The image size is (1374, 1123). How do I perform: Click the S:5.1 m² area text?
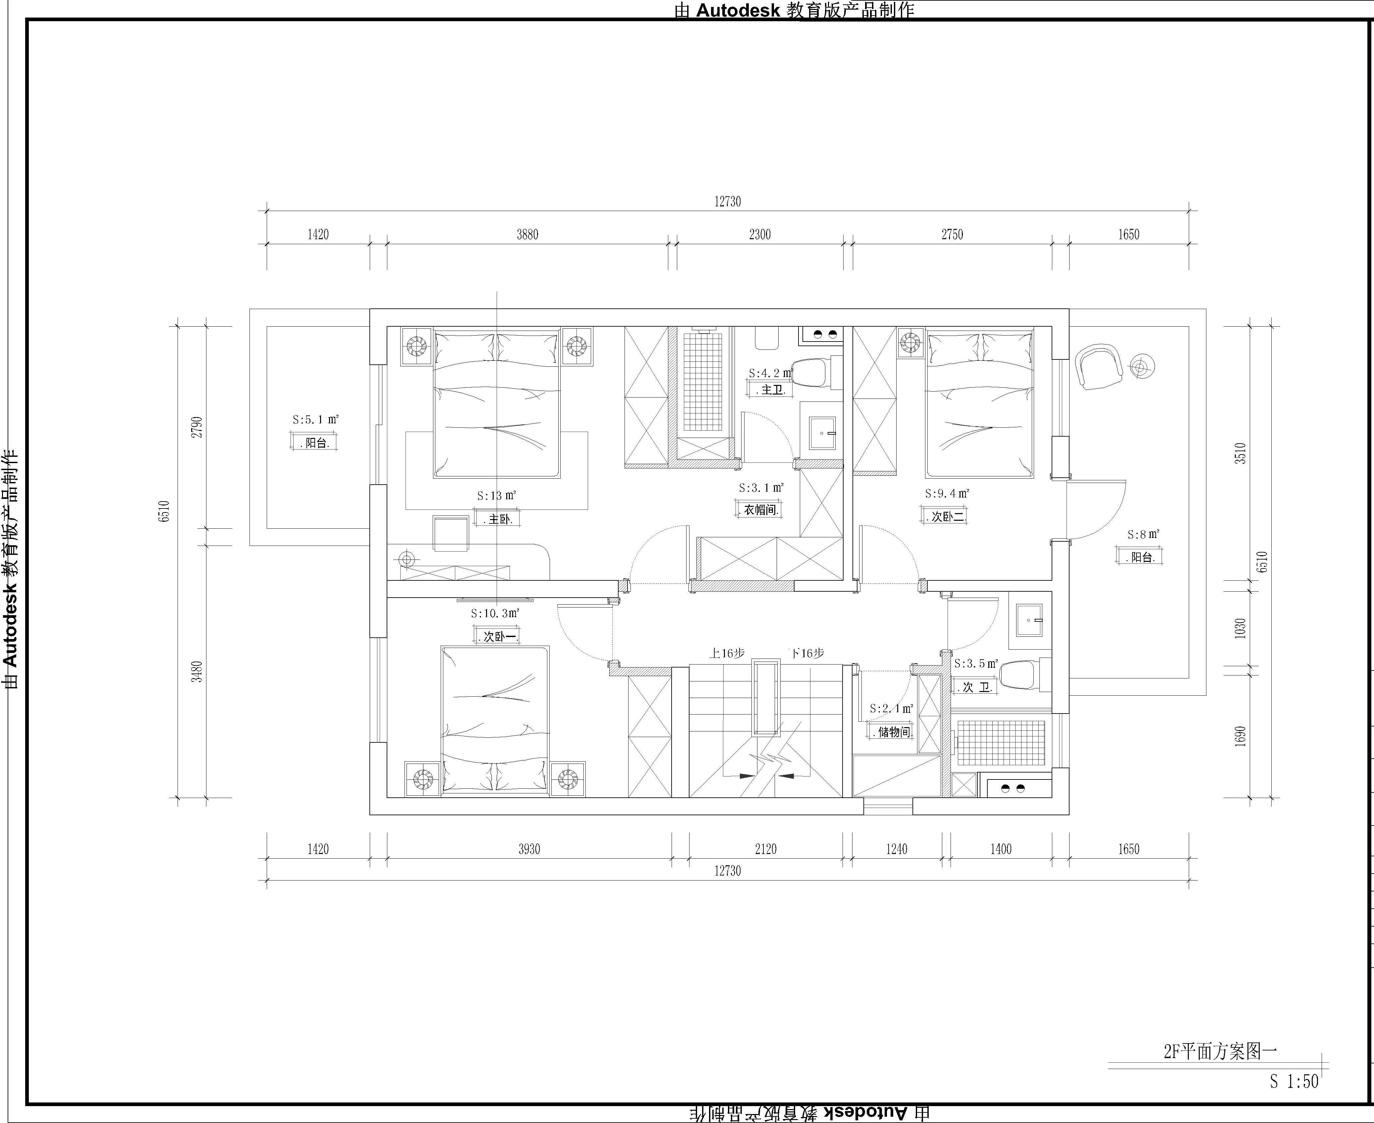pos(316,420)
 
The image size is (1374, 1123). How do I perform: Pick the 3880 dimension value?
pos(527,234)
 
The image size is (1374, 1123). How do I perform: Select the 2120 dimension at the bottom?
pos(765,849)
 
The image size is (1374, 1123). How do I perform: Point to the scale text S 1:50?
pos(1294,1081)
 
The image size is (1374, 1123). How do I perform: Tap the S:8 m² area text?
pos(1143,534)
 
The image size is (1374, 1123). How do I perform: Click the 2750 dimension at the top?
pos(952,234)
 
